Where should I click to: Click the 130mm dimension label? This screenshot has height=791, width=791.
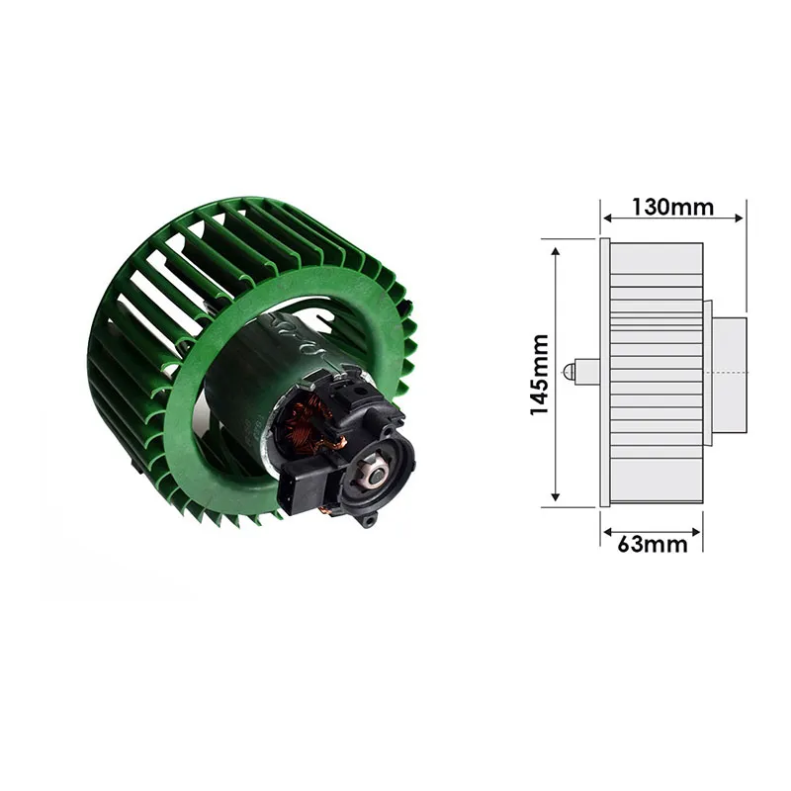click(672, 207)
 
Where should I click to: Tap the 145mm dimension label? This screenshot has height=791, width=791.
click(539, 375)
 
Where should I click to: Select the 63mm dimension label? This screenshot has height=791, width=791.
click(653, 545)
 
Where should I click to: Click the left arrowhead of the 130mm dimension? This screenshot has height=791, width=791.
click(607, 218)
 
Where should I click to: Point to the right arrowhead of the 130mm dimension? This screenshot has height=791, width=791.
click(739, 218)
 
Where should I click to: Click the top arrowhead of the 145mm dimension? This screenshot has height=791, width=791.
click(556, 252)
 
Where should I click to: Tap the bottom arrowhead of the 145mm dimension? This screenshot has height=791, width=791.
click(556, 496)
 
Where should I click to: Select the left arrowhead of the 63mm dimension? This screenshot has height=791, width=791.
click(607, 532)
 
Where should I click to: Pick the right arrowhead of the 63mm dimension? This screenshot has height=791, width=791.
click(696, 532)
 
